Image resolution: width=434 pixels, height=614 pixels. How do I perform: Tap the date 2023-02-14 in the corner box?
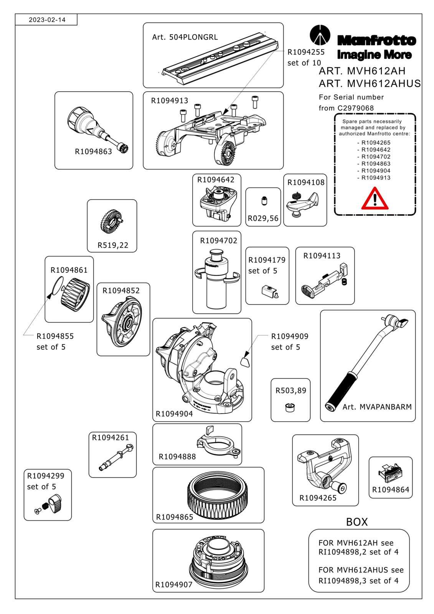point(47,20)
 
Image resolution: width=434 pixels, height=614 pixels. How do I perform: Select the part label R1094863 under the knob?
point(94,152)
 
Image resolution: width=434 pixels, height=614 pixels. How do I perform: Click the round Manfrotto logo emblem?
point(320,35)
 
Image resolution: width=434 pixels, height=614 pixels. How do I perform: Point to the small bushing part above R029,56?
point(264,201)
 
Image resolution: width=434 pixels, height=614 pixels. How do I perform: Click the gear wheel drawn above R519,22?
point(111,221)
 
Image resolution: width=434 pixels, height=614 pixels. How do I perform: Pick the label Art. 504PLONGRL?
point(185,37)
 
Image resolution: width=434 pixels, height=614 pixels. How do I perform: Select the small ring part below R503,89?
point(290,408)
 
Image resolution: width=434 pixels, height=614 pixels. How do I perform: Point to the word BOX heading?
point(357,522)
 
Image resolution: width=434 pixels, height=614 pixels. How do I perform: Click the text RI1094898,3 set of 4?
point(358,581)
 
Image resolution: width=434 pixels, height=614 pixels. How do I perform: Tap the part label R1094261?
point(111,437)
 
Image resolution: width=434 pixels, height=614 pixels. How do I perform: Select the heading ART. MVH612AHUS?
point(370,84)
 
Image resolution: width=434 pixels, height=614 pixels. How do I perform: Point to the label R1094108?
point(306,183)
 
